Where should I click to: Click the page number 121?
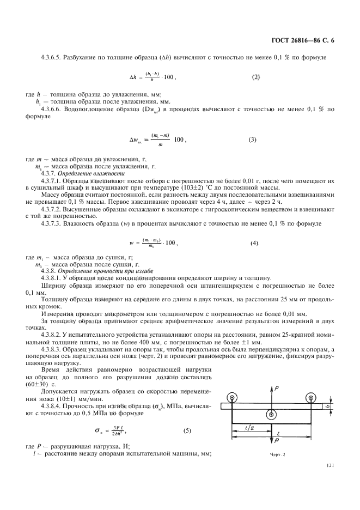(x=330, y=465)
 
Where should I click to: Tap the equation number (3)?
(x=252, y=139)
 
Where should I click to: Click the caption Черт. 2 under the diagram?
(x=277, y=454)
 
